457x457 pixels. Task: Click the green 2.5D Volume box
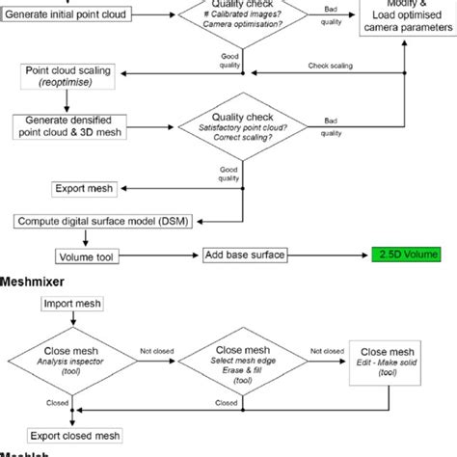407,255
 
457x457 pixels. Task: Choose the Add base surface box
246,255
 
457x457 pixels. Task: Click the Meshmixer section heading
37,282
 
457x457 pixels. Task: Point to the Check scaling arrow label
331,66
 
